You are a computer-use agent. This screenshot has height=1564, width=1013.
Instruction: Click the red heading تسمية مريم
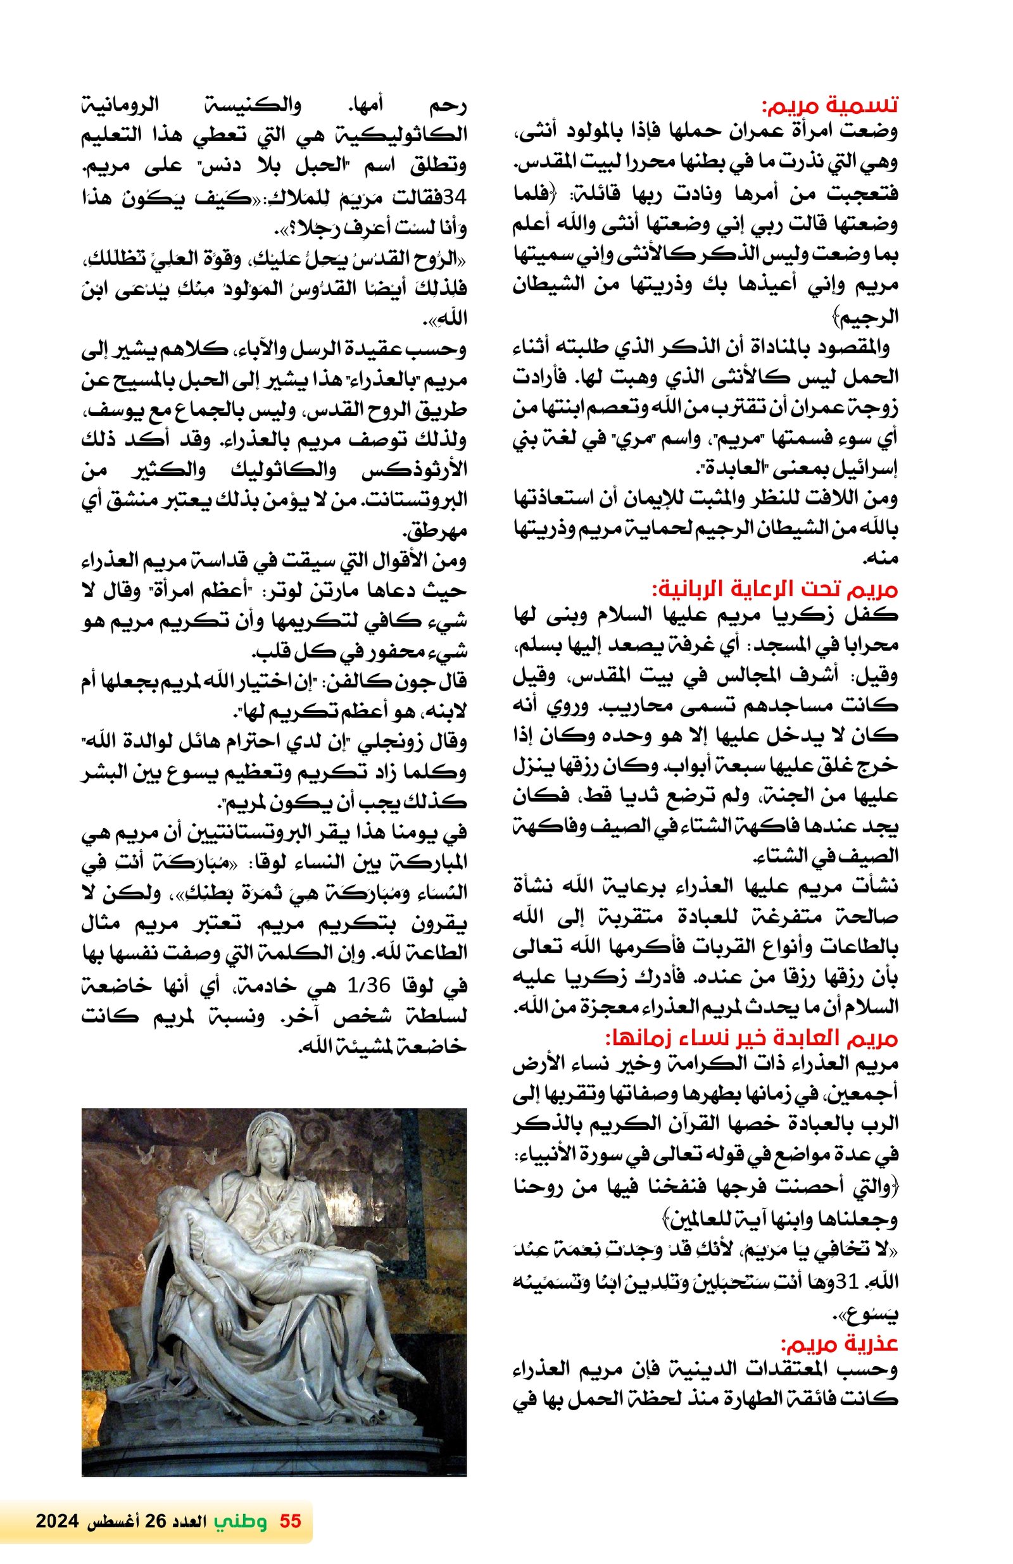(828, 105)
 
